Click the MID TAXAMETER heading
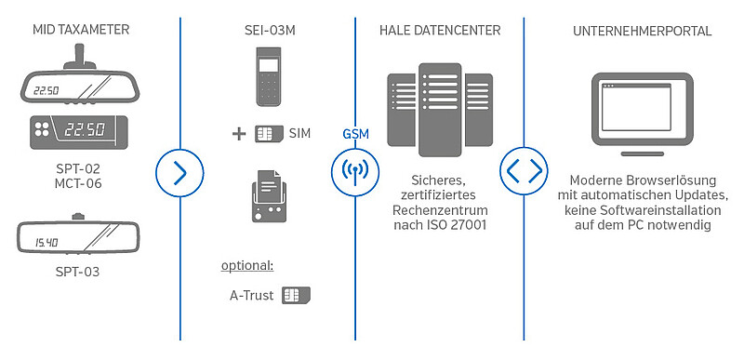coord(81,30)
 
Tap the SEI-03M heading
coord(270,31)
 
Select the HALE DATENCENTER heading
coord(440,31)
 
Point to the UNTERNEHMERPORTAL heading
coord(642,31)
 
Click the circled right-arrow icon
coord(179,173)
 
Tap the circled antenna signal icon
coord(355,173)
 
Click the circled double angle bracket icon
coord(524,171)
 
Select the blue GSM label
coord(355,134)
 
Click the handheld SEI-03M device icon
coord(270,76)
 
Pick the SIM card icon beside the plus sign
coord(269,134)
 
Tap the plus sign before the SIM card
coord(239,134)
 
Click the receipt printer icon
coord(270,196)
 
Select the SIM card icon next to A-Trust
coord(296,295)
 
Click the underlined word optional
coord(247,266)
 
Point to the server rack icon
coord(440,110)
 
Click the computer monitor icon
coord(642,114)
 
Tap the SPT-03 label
coord(78,272)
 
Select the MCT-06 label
coord(78,183)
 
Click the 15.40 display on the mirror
coord(46,243)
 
